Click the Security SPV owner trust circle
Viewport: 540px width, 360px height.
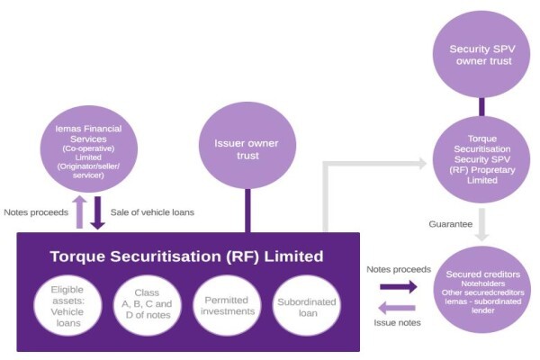point(481,54)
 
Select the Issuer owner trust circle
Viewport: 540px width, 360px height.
point(247,146)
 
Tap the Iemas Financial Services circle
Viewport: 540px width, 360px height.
point(89,148)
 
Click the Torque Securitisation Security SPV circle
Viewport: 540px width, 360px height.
point(481,159)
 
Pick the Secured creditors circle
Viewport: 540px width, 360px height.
point(482,290)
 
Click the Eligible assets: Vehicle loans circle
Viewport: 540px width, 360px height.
point(67,306)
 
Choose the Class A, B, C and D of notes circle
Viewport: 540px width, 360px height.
point(148,306)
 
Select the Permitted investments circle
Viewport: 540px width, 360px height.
point(228,306)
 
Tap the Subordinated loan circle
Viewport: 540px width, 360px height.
point(307,306)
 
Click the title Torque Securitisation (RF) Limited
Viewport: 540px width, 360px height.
point(186,256)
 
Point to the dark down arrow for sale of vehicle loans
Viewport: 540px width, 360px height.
point(98,213)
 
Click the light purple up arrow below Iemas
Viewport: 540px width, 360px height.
point(79,211)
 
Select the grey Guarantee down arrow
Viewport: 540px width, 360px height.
point(481,225)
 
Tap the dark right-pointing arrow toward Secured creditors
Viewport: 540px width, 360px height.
point(399,286)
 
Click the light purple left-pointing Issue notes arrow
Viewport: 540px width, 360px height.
point(397,308)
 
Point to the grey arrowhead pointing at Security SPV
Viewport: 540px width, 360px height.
point(423,163)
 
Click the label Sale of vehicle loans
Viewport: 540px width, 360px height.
point(152,212)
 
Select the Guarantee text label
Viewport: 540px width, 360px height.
point(451,224)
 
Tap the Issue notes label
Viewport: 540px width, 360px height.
point(397,323)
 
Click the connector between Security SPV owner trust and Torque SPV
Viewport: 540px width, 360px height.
point(481,107)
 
